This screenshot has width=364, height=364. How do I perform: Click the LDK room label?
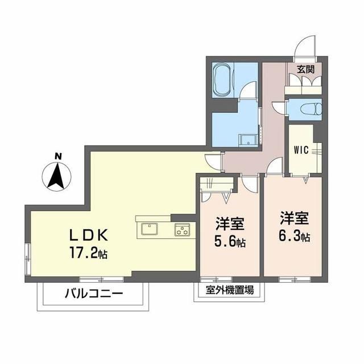[88, 234]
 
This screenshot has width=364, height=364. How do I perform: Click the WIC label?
[301, 151]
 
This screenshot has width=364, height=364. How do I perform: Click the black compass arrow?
[57, 176]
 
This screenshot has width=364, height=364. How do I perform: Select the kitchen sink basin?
[150, 230]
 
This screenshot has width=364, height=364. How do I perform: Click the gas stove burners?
[182, 230]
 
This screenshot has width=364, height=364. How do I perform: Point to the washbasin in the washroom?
[247, 140]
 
